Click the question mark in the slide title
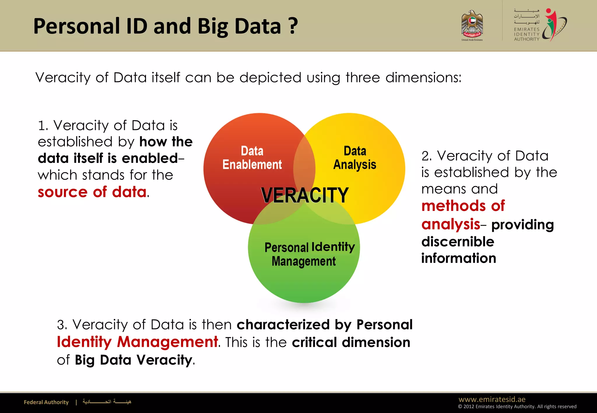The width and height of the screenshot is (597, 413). [293, 26]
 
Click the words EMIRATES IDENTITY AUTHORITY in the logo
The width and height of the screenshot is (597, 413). [526, 34]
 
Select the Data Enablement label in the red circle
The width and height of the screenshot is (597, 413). [252, 158]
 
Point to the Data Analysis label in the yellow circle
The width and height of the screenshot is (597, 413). [355, 158]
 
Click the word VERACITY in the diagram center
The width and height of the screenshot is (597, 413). [305, 195]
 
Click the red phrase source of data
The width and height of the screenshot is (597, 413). [92, 192]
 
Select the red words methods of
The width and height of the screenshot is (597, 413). [463, 206]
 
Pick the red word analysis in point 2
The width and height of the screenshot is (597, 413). [450, 224]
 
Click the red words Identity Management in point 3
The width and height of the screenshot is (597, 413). [137, 342]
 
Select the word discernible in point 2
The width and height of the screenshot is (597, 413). [458, 242]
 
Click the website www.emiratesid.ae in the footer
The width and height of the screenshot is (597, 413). [492, 399]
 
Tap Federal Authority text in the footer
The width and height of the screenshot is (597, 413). [46, 402]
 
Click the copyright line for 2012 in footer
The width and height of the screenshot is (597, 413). [517, 407]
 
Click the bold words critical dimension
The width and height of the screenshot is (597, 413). [351, 343]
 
